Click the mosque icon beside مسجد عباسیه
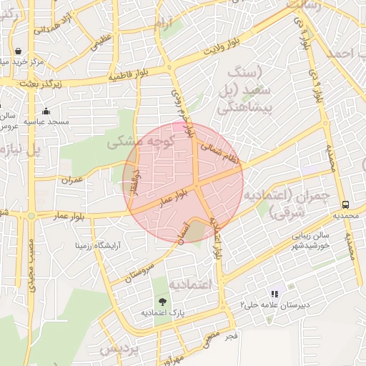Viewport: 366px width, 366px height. point(46,111)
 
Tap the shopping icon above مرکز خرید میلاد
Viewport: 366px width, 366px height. point(17,51)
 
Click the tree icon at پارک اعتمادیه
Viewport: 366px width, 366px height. point(162,301)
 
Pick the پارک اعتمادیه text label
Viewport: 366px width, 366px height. point(162,313)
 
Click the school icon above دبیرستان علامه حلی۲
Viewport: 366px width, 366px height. point(274,294)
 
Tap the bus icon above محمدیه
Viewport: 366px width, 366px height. point(346,203)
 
